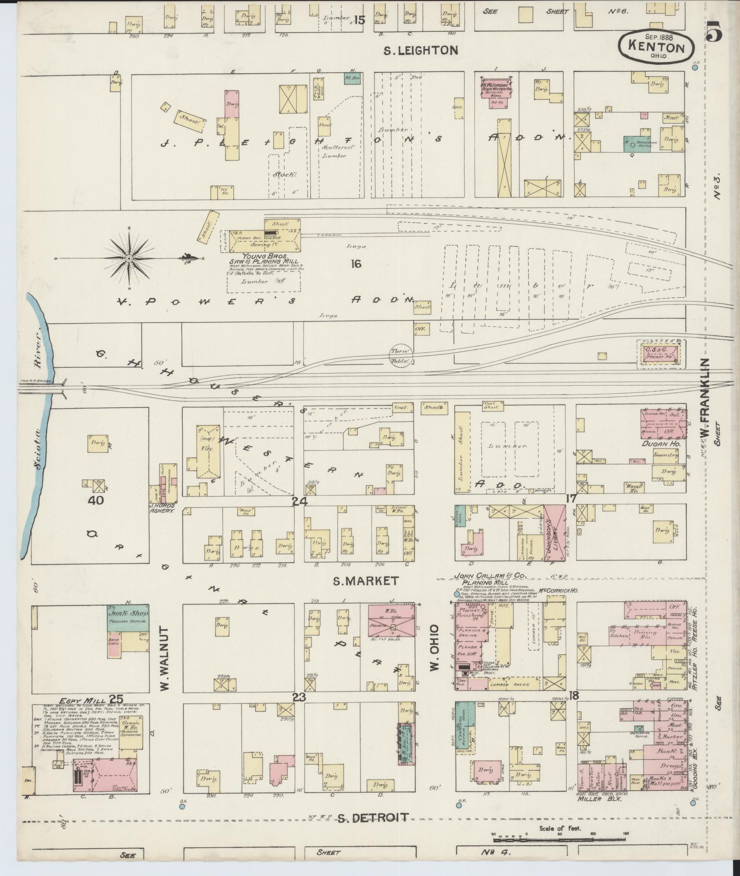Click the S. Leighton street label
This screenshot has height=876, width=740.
[x=420, y=50]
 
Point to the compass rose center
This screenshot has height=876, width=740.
[x=129, y=259]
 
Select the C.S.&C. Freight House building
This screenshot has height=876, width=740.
[x=661, y=354]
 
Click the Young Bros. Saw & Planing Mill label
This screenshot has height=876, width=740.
[x=264, y=259]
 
